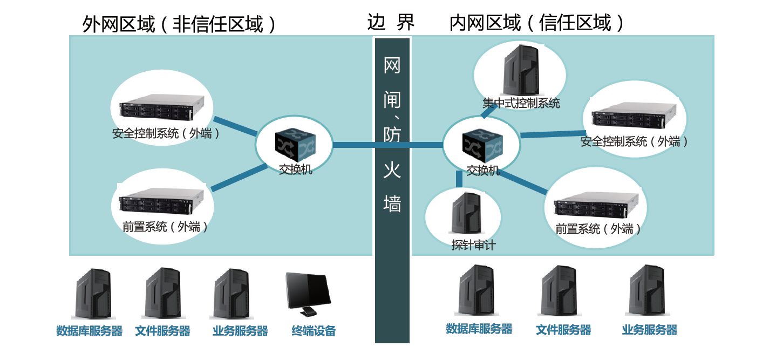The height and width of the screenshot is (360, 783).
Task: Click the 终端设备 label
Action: [314, 331]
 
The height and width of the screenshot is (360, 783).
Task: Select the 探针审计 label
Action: [473, 245]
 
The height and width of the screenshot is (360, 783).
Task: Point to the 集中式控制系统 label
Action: [521, 103]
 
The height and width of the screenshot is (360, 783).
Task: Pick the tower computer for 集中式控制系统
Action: [521, 70]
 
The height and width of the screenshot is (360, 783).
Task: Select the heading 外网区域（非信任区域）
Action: [179, 24]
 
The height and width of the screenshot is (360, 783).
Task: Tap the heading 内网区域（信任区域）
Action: [537, 23]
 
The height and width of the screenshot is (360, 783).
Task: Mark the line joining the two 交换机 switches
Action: [387, 145]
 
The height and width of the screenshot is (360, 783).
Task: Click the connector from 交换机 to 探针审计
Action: [459, 179]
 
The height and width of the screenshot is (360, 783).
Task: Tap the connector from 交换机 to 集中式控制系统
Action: [488, 111]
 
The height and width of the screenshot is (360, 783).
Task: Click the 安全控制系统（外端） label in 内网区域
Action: [634, 141]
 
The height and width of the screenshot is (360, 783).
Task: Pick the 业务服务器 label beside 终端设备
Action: [240, 331]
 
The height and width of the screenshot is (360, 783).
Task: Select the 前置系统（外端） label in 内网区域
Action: [599, 229]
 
